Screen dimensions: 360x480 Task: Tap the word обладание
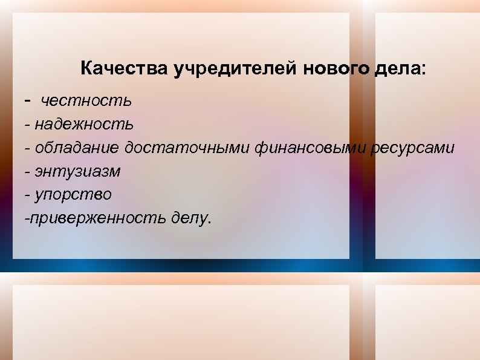pyautogui.click(x=77, y=148)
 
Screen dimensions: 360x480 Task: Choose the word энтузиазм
pyautogui.click(x=77, y=171)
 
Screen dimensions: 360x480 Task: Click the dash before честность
pyautogui.click(x=27, y=99)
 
